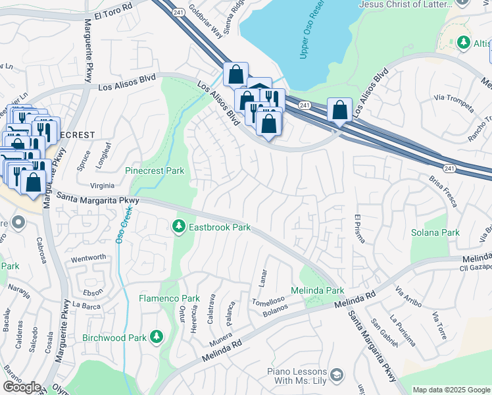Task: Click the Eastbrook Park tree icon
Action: (178, 227)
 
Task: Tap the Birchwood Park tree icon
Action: (156, 337)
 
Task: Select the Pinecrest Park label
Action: (155, 171)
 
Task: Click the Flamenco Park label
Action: (169, 298)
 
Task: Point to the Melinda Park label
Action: (318, 290)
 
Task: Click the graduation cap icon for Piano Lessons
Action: (337, 375)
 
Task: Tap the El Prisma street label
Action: (358, 228)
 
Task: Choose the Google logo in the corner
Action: (21, 387)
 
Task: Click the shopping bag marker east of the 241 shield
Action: (339, 109)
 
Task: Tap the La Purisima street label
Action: (402, 330)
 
